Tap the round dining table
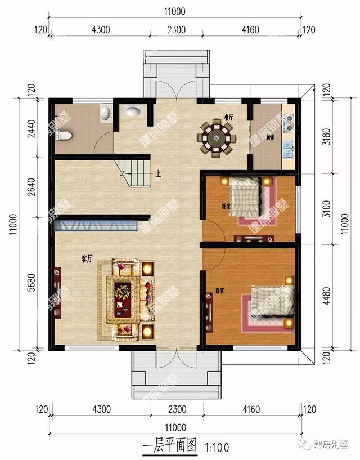point(215,137)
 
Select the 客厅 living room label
point(87,259)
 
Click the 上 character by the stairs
point(159,174)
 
